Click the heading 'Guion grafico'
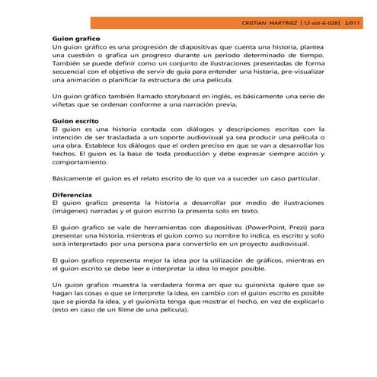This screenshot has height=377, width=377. coord(75,37)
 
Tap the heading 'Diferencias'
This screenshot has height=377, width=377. coord(72,195)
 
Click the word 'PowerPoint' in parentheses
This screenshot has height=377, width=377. coord(270,227)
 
